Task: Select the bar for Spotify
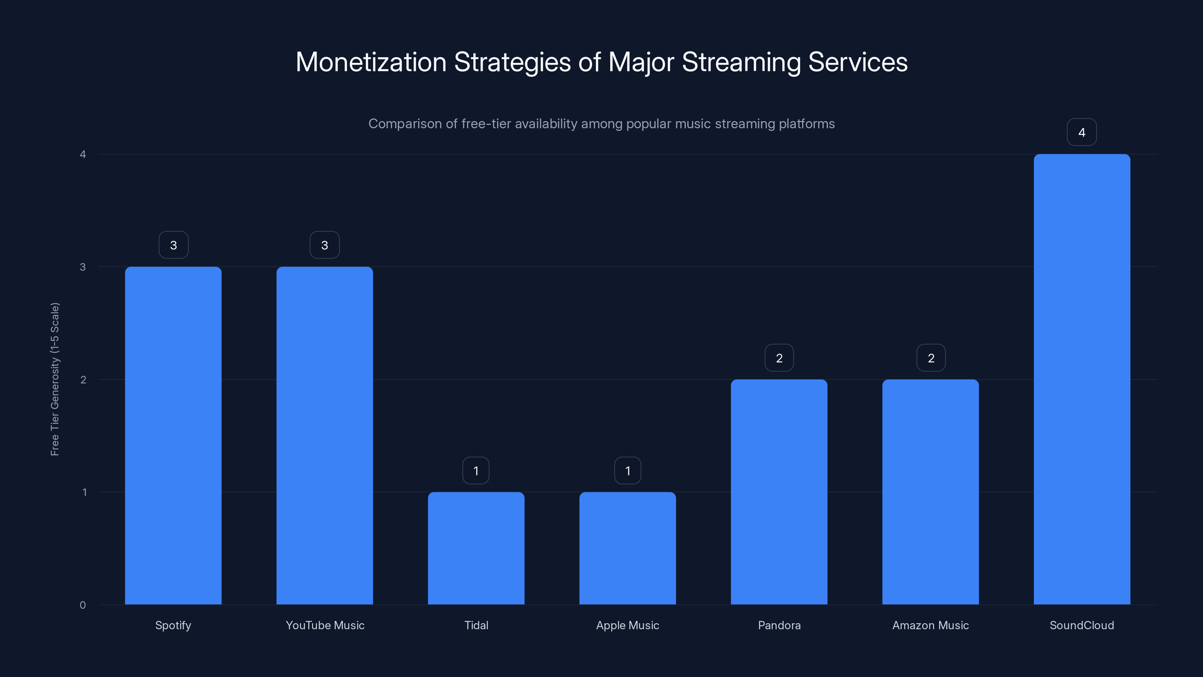click(173, 436)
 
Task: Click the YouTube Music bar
click(324, 436)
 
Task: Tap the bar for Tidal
click(476, 548)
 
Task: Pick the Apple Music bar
click(627, 548)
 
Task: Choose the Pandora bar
click(779, 492)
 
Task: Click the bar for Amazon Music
click(930, 492)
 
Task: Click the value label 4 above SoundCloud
click(1082, 132)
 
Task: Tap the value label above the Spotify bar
click(173, 245)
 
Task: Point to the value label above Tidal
click(476, 471)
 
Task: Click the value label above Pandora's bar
click(779, 358)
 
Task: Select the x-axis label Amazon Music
click(930, 625)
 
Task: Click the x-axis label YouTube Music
click(324, 625)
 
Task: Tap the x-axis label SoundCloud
click(1082, 625)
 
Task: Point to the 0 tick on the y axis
click(83, 605)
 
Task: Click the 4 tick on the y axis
click(83, 154)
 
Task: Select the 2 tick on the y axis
click(83, 379)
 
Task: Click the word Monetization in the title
click(371, 62)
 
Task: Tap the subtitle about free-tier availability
click(601, 124)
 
